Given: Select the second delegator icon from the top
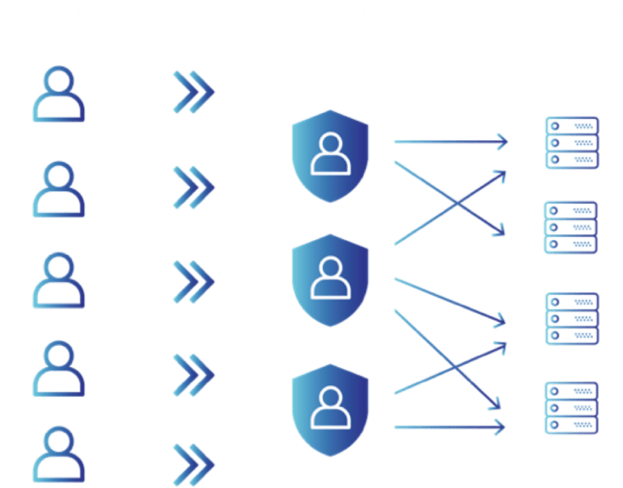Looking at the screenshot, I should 59,191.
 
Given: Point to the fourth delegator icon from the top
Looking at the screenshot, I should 59,369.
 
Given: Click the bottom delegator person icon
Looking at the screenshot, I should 59,457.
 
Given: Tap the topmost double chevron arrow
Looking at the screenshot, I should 194,92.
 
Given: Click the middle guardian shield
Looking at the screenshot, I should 331,279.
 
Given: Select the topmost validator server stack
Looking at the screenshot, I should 572,142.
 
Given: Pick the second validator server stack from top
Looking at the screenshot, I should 572,227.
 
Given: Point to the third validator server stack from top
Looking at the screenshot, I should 572,318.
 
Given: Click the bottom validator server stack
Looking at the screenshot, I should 572,407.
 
